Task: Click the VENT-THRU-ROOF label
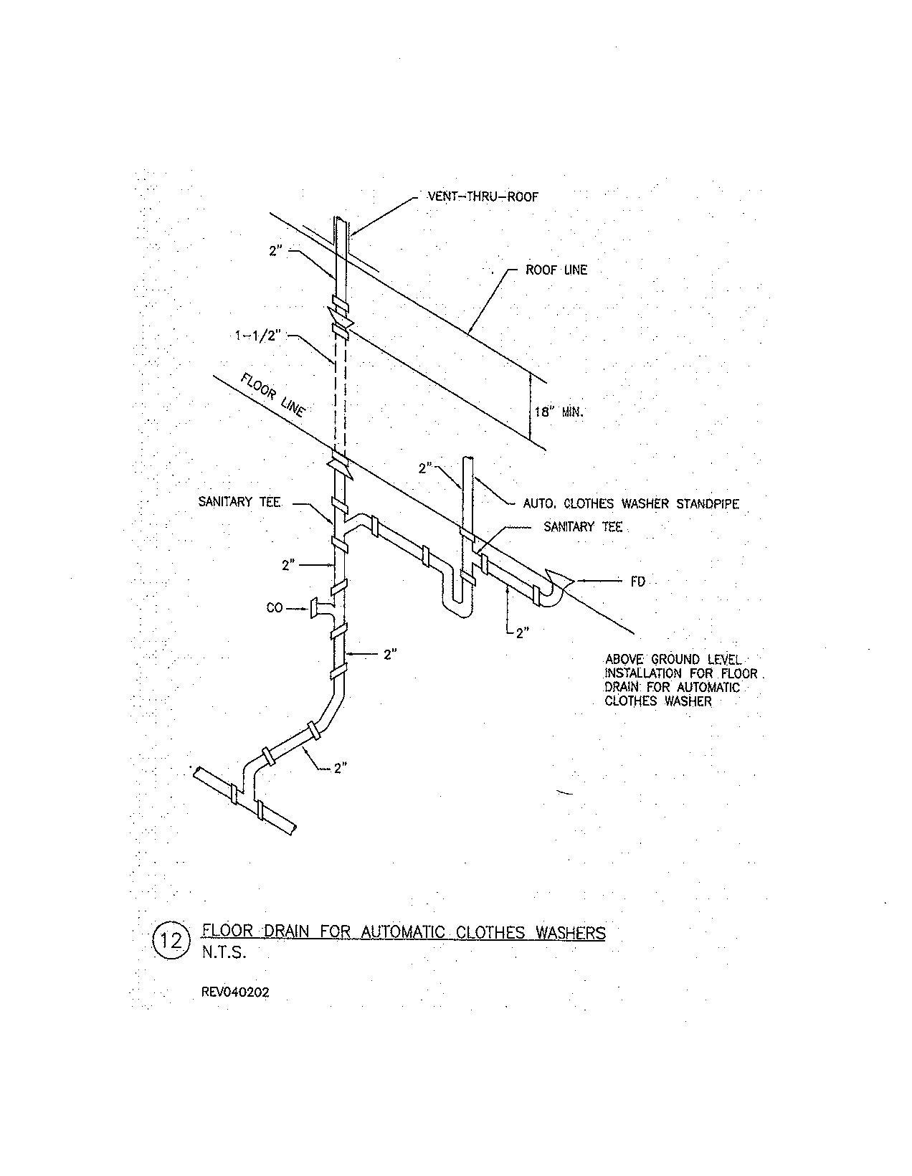point(482,196)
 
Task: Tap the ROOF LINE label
point(556,270)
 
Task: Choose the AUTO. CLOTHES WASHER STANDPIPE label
point(631,504)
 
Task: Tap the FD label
point(638,582)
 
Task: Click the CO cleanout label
point(275,608)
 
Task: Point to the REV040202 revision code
point(236,993)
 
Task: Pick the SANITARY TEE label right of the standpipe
point(583,527)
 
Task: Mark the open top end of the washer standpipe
point(468,457)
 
